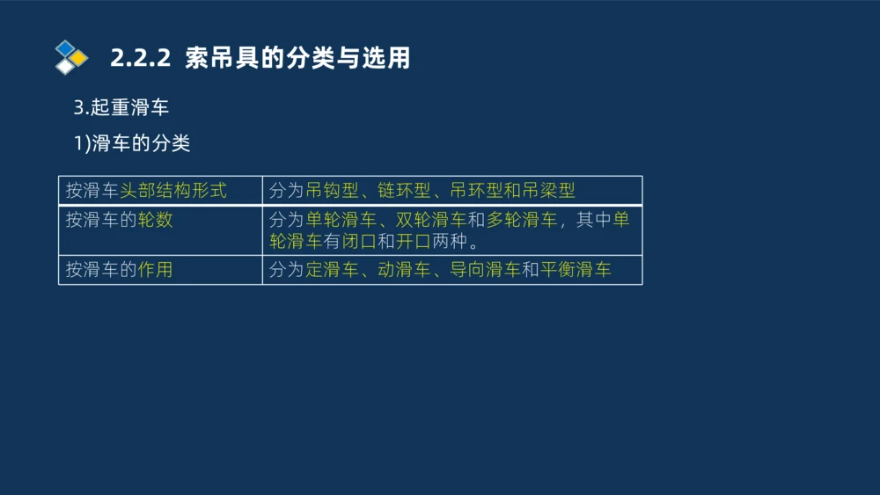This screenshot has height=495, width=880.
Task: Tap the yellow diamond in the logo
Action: click(79, 58)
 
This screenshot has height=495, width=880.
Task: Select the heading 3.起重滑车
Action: click(121, 108)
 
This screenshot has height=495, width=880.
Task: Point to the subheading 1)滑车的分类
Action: click(132, 143)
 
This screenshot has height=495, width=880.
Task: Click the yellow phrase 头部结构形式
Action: click(172, 190)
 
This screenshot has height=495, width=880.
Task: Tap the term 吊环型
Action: click(476, 190)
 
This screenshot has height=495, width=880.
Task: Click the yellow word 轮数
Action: click(155, 220)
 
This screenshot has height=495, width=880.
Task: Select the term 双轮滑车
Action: click(431, 220)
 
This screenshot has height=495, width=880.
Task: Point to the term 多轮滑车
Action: click(522, 220)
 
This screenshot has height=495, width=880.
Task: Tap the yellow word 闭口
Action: click(359, 241)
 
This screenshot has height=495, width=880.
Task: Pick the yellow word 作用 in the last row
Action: click(155, 270)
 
